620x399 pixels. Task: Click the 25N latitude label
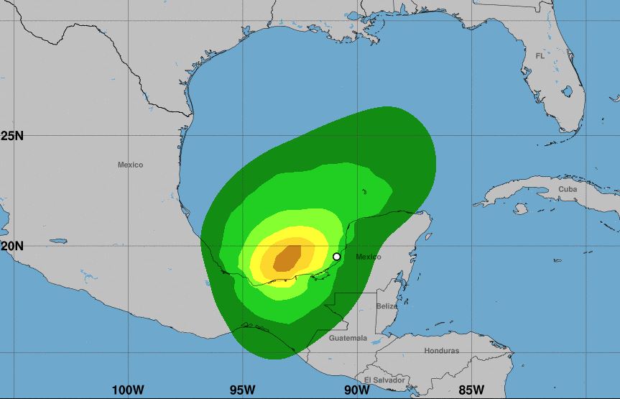pos(11,135)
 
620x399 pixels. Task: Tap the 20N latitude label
pos(11,245)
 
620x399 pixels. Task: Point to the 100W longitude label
pos(128,390)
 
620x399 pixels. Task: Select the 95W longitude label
pos(243,390)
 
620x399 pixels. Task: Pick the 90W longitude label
pos(357,390)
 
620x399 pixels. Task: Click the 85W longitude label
pos(471,390)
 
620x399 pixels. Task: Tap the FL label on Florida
pos(540,55)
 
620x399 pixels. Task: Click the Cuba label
pos(568,189)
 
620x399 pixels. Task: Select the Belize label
pos(387,306)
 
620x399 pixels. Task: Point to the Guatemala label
pos(348,338)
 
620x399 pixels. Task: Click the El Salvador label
pos(384,380)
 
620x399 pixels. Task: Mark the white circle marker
pos(336,257)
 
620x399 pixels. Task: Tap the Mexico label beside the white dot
pos(369,257)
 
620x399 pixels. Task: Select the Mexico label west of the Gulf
pos(130,165)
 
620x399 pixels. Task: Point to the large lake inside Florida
pos(567,91)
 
